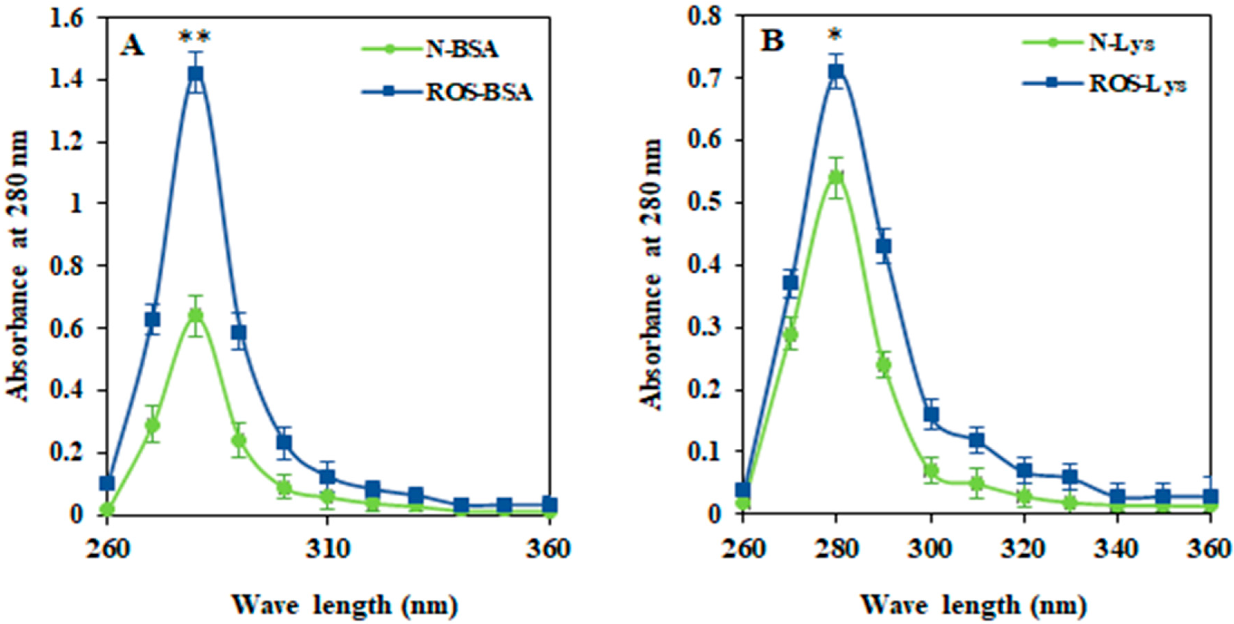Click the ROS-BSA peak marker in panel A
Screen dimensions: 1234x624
pos(195,74)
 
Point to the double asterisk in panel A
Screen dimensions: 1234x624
pos(194,37)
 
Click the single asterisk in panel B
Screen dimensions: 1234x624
pos(836,34)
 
